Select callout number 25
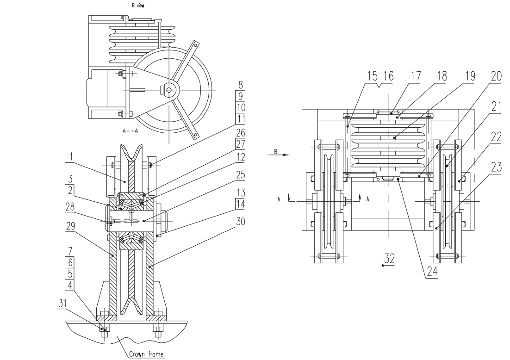tap(240, 176)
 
